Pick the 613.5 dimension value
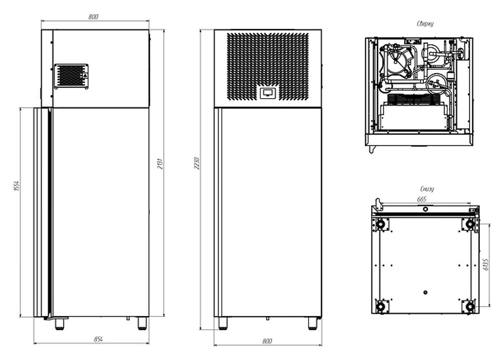(485, 264)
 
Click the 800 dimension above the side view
(93, 17)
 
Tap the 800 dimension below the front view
(267, 341)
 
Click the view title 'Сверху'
(425, 24)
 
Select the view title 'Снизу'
(426, 189)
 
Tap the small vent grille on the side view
(71, 76)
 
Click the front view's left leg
(222, 323)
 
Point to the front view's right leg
(312, 323)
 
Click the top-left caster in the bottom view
(381, 224)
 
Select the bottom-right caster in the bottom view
(470, 306)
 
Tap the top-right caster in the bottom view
(470, 224)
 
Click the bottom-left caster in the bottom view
(381, 306)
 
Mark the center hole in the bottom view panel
(425, 292)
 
